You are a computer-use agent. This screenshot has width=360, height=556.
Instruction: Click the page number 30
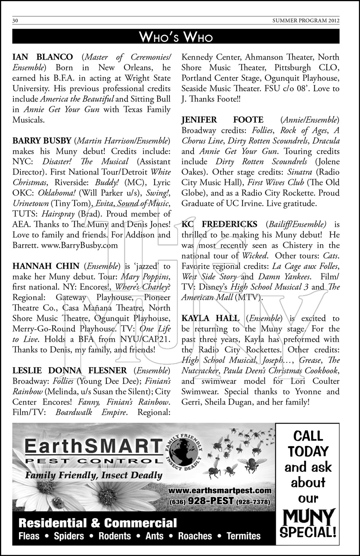point(16,21)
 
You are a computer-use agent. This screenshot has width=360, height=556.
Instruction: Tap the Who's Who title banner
point(176,37)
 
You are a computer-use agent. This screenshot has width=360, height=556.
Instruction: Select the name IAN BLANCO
point(43,57)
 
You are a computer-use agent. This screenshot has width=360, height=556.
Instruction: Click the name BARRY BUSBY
point(42,141)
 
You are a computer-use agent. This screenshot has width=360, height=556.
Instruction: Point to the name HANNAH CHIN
point(46,266)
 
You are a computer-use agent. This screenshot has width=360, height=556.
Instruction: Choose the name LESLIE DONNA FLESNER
point(70,371)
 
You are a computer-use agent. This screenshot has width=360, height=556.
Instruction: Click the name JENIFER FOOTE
point(222,120)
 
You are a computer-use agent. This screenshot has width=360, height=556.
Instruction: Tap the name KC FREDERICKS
point(219,224)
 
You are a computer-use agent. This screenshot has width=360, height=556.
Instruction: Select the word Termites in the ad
point(244,536)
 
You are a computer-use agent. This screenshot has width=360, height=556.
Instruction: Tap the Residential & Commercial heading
point(98,523)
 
